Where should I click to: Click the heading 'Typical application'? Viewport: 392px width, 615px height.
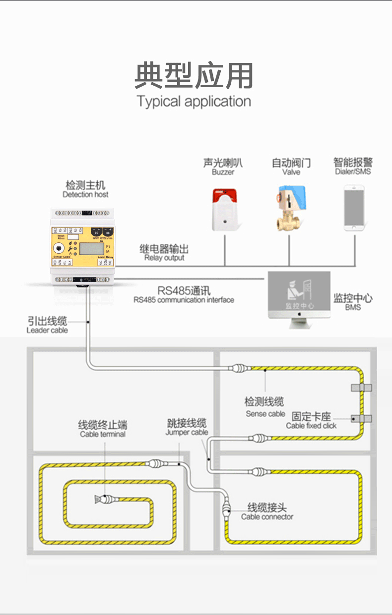(x=194, y=102)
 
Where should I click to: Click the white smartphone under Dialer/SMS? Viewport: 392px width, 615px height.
(x=354, y=208)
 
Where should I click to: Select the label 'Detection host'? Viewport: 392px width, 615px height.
(x=85, y=194)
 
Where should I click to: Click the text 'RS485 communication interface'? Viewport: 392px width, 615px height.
(x=184, y=300)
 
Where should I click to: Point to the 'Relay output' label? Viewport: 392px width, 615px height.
(x=164, y=258)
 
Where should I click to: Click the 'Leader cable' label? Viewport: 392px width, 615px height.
(x=47, y=330)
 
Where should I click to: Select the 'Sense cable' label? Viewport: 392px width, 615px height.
(x=265, y=413)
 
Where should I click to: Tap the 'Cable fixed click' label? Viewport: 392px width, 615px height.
(x=311, y=425)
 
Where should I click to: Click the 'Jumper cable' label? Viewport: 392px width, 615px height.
(x=187, y=432)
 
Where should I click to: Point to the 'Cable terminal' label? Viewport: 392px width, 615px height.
(x=103, y=434)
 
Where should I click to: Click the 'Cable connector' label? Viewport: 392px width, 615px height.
(x=267, y=516)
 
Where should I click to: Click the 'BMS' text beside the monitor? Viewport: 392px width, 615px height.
(x=353, y=307)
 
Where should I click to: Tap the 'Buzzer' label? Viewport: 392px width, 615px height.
(x=223, y=172)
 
